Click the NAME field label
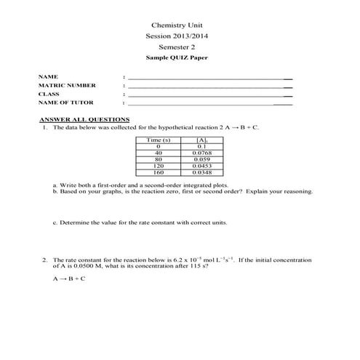(48, 76)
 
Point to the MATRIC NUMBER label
(67, 85)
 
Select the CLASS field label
(49, 94)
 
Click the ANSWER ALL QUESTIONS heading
(84, 119)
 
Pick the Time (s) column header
(159, 139)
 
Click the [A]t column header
(202, 139)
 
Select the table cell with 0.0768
(202, 153)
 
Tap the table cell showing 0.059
(202, 159)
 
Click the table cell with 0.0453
(202, 166)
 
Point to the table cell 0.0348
(202, 172)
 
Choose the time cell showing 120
(159, 166)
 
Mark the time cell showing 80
(159, 159)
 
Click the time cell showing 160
(159, 172)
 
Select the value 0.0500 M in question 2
(86, 266)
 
